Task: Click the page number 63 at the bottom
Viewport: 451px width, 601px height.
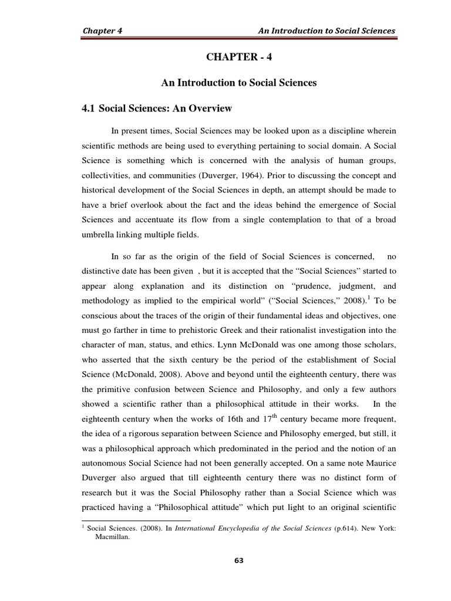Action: (238, 560)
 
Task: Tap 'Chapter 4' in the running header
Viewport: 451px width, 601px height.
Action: (102, 30)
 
